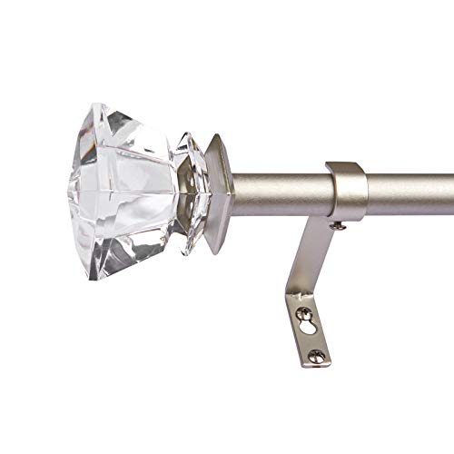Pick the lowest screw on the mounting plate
point(315,356)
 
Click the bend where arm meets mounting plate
point(298,296)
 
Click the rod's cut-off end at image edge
point(450,192)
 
